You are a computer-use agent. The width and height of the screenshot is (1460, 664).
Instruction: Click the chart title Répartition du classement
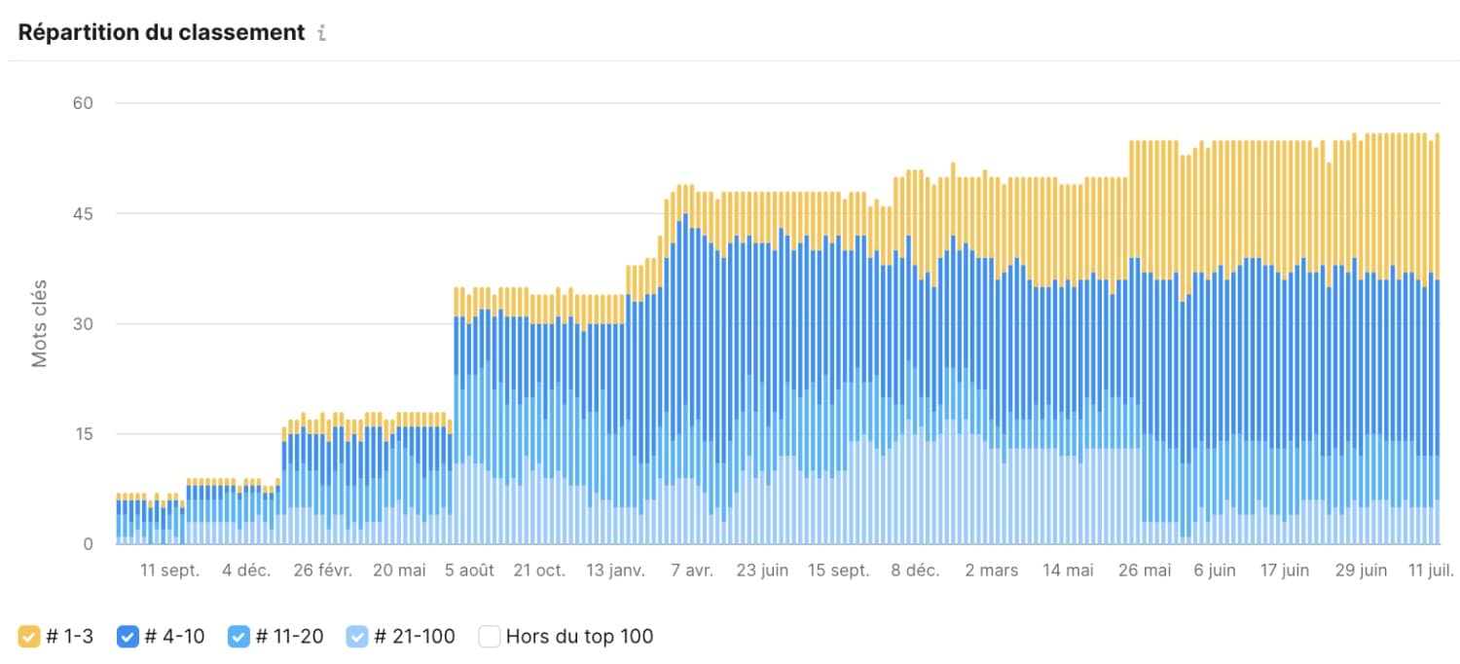click(x=162, y=32)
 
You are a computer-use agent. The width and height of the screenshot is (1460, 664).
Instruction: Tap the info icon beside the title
click(x=322, y=33)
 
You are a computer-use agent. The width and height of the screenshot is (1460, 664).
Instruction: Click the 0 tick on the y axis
click(x=88, y=544)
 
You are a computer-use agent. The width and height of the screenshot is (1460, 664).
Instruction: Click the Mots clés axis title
click(x=40, y=324)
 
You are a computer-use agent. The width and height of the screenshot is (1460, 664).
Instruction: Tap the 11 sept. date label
click(x=169, y=571)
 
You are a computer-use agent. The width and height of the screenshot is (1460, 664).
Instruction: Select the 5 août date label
click(x=469, y=571)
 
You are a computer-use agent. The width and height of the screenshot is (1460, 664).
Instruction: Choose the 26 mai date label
click(x=1145, y=571)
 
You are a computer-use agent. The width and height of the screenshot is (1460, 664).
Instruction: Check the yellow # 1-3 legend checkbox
click(x=29, y=637)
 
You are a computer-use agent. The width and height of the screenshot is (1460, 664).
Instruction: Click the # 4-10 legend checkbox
click(x=128, y=637)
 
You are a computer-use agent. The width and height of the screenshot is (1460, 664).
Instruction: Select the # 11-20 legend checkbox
click(x=238, y=637)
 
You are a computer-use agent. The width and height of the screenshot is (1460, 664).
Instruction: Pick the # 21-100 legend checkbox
click(x=357, y=637)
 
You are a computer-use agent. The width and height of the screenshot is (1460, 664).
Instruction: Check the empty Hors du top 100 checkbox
click(x=490, y=637)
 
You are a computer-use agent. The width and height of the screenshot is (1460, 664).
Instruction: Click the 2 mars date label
click(x=992, y=571)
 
